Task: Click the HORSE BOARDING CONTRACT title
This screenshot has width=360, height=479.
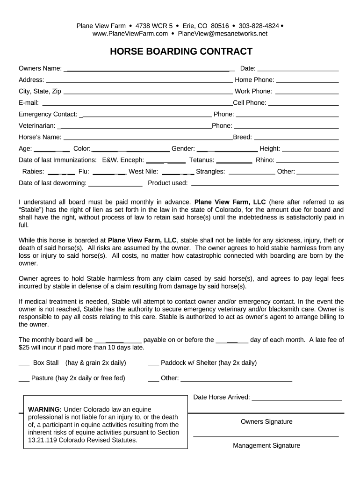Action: tap(181, 51)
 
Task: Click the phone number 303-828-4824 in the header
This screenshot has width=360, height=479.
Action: tap(259, 26)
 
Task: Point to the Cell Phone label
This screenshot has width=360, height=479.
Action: tap(250, 103)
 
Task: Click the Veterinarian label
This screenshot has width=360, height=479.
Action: tap(37, 126)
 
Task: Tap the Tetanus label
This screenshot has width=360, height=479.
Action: tap(202, 160)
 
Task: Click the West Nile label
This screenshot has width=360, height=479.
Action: tap(143, 172)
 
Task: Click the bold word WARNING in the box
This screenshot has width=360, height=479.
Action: tap(45, 409)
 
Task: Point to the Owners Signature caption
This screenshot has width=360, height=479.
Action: tap(266, 422)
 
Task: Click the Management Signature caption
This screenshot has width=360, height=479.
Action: tap(266, 446)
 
